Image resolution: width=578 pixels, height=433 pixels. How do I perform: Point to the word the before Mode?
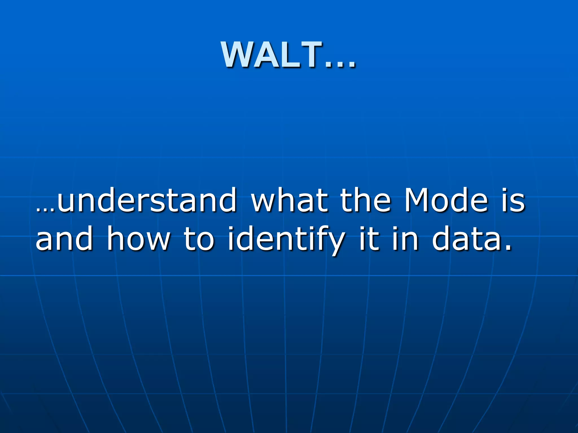click(x=366, y=200)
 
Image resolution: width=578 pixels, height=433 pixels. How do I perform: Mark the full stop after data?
click(x=508, y=248)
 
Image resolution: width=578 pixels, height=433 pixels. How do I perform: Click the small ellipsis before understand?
click(x=45, y=210)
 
